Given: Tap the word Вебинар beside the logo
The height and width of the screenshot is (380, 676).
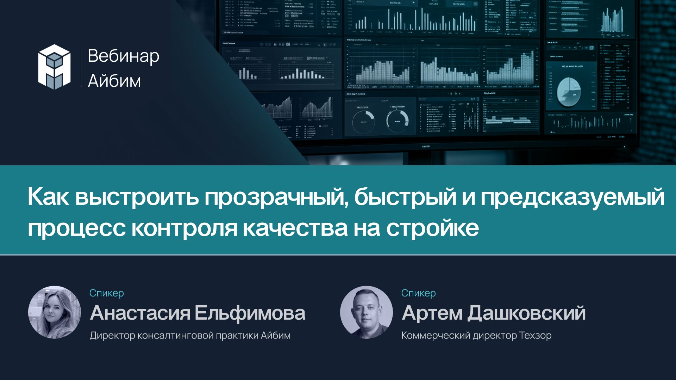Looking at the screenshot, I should coord(123,56).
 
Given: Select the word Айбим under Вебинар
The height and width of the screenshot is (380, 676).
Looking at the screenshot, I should coord(114,81).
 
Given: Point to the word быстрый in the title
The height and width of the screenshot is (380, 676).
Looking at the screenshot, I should coord(405,197).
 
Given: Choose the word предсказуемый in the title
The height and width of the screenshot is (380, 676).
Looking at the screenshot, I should coord(572,197).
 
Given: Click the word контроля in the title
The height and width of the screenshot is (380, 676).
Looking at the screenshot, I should coord(184,228).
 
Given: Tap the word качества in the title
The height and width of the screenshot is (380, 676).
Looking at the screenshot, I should coord(295,228).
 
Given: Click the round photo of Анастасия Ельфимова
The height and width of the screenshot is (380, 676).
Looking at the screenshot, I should coord(55,312).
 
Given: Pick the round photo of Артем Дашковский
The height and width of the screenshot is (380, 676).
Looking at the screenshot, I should coord(367,312).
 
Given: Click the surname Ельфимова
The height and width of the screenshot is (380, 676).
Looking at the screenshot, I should coord(250,313).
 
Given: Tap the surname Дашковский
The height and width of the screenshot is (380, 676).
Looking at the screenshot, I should coord(526,313).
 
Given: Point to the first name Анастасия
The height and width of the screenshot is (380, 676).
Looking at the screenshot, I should coord(140,313).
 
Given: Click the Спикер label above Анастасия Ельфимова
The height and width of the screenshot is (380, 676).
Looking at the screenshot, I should coord(106,293).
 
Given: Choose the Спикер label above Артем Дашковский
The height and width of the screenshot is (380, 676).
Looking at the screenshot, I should coord(418,293).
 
